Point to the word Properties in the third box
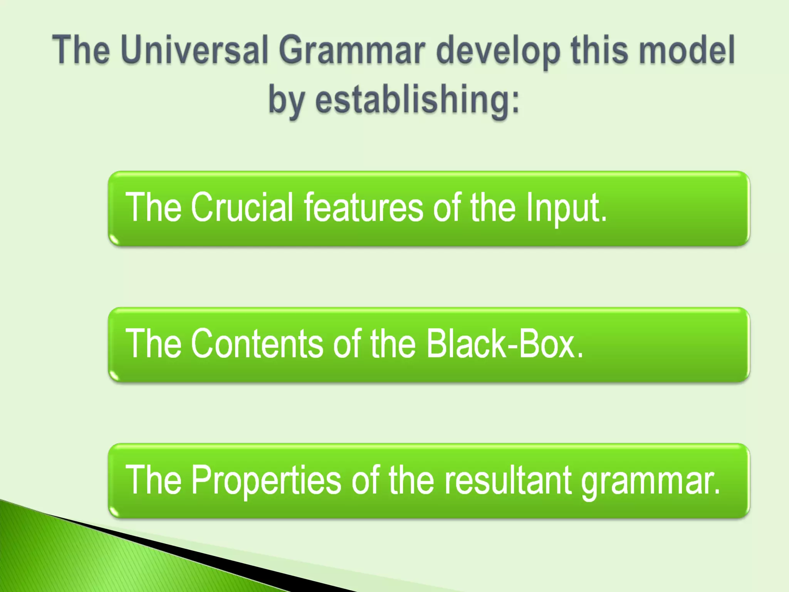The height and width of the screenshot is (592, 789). [266, 480]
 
